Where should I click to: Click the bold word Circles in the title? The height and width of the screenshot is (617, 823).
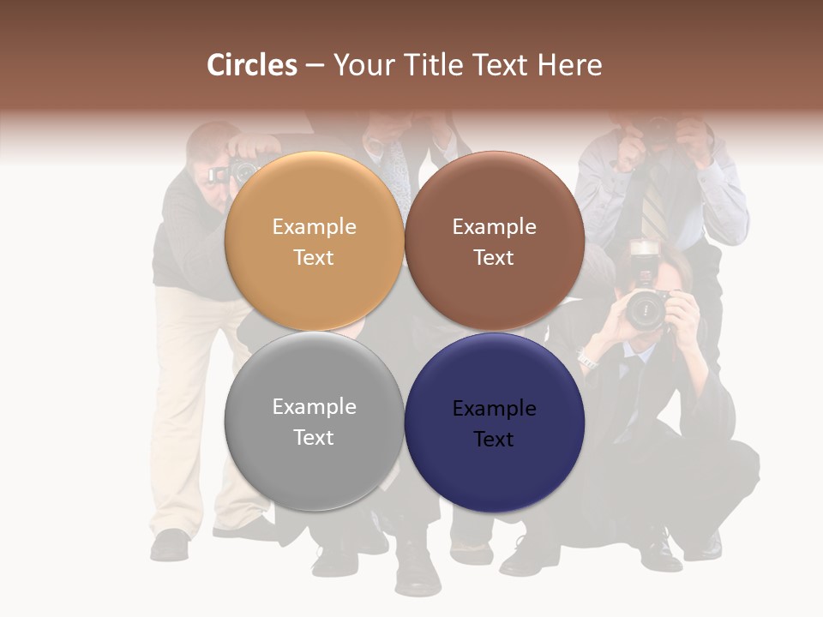[x=252, y=65]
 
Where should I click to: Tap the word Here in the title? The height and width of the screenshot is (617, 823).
[x=570, y=65]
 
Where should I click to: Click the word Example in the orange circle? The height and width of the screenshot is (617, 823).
[x=314, y=227]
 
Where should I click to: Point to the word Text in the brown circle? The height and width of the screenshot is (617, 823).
[x=494, y=258]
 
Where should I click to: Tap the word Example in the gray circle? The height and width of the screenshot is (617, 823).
[x=314, y=407]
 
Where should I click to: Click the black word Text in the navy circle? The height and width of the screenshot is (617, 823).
[x=494, y=439]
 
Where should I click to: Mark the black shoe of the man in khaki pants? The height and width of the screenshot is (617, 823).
[x=170, y=543]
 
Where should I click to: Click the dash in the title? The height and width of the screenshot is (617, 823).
[x=315, y=65]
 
